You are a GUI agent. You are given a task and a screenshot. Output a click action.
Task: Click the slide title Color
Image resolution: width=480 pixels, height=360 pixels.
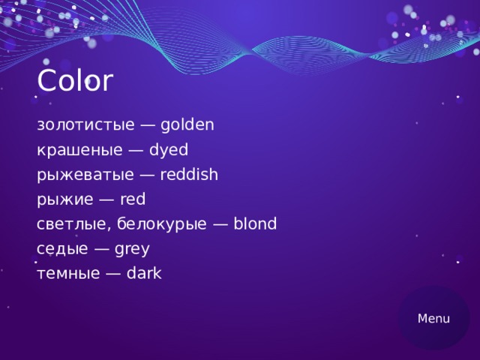(x=74, y=81)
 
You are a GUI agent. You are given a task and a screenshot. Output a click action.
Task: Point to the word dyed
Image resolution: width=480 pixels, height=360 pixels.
(x=169, y=150)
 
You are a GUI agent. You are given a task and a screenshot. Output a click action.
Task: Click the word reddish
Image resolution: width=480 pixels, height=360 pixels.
(x=189, y=175)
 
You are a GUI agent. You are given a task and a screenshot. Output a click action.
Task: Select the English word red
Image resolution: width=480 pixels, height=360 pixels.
(x=133, y=199)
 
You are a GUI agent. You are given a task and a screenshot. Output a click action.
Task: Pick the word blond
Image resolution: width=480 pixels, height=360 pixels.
(x=255, y=223)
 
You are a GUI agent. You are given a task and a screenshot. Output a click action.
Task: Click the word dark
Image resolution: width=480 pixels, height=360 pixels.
(x=144, y=274)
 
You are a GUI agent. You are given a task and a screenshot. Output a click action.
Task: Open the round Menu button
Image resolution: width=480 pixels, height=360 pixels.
(x=433, y=319)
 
